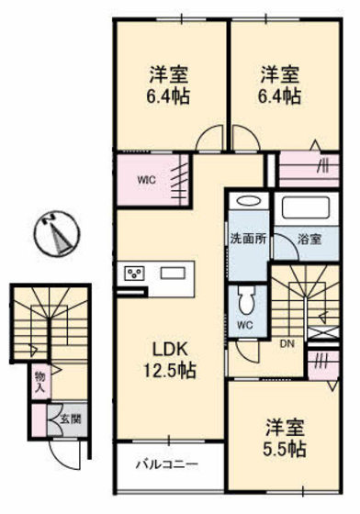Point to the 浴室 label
coord(309,240)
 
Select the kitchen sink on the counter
coord(174,273)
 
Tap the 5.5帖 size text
coord(286,450)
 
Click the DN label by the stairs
coord(286,345)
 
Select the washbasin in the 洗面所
coord(246,203)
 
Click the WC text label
coord(244,325)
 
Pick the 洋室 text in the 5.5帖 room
coord(286,428)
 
